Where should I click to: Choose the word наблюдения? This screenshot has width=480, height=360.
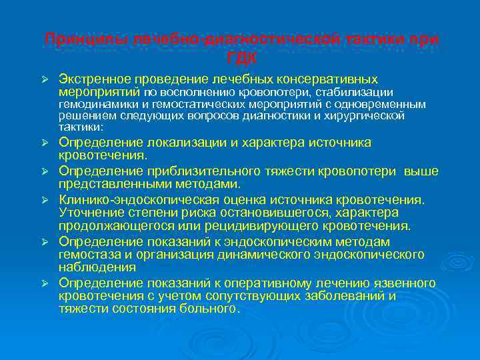click(89, 267)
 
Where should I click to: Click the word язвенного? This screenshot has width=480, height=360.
click(406, 283)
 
